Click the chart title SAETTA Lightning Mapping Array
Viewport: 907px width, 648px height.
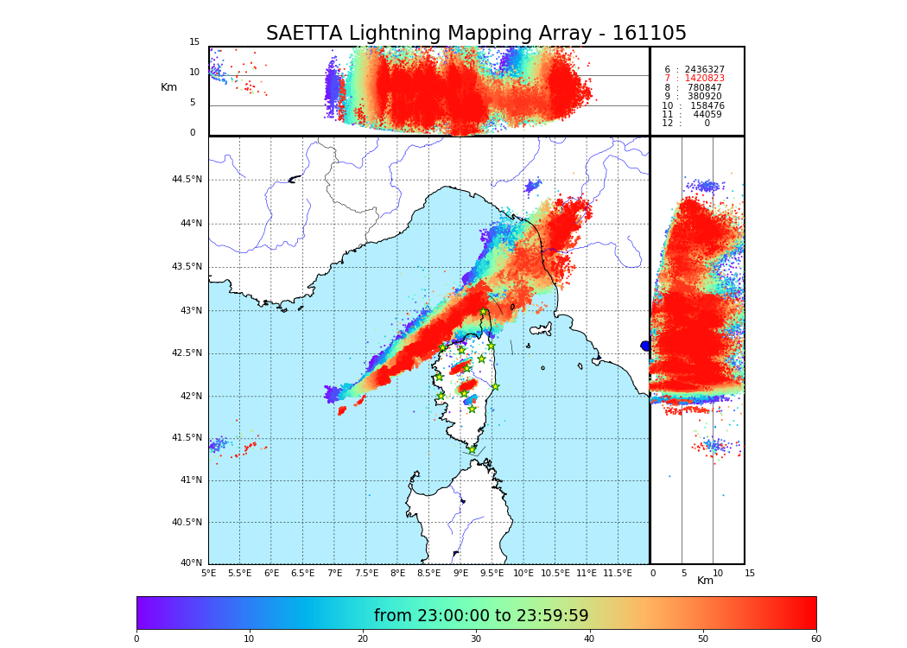tap(476, 34)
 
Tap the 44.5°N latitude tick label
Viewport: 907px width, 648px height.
tap(187, 180)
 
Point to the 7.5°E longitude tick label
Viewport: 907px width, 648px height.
tap(366, 573)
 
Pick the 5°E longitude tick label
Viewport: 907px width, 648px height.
tap(209, 573)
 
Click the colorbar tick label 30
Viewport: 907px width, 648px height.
tap(476, 638)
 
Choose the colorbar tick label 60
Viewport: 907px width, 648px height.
tap(815, 638)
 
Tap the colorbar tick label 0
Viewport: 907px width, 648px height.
tap(136, 638)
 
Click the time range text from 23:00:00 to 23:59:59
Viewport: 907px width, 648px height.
tap(481, 616)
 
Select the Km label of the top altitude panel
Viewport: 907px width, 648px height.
tap(168, 87)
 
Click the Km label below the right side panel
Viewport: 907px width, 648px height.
tap(706, 581)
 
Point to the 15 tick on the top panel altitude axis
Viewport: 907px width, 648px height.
tap(194, 42)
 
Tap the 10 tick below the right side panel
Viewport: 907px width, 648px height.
tap(718, 573)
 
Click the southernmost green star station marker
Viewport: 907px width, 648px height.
tap(472, 449)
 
